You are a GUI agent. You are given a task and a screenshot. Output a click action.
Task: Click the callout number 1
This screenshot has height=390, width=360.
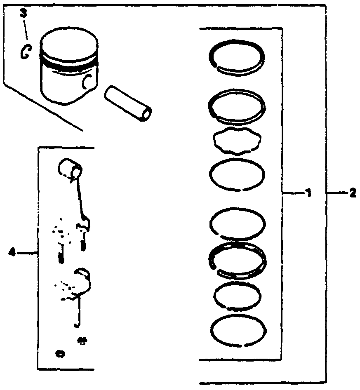308,193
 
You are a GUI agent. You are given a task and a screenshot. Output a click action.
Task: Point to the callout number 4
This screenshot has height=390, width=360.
12,252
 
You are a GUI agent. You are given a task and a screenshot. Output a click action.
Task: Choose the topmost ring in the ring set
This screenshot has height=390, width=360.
237,56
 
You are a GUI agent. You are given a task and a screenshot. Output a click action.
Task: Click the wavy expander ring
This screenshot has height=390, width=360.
237,141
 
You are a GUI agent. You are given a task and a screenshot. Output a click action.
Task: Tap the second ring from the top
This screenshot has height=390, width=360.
237,106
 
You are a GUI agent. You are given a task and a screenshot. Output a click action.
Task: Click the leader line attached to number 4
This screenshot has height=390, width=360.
28,252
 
